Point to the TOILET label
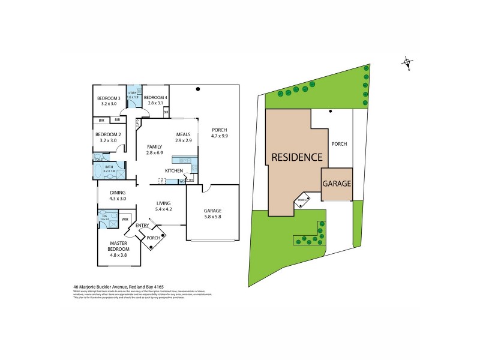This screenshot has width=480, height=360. pyautogui.click(x=98, y=160)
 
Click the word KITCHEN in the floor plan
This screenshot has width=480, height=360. pyautogui.click(x=174, y=171)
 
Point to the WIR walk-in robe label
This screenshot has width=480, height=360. pyautogui.click(x=125, y=220)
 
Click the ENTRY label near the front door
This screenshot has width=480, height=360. pyautogui.click(x=142, y=226)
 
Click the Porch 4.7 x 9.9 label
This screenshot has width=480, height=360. pyautogui.click(x=220, y=133)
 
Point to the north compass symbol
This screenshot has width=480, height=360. pyautogui.click(x=407, y=62)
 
